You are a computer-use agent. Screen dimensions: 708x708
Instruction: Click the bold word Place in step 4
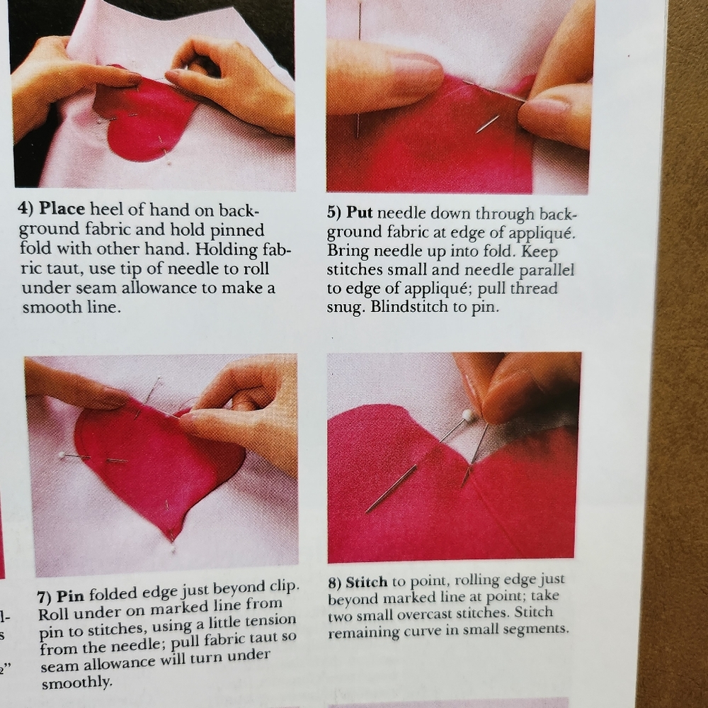pos(62,209)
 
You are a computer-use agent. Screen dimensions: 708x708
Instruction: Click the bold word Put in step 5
pos(360,213)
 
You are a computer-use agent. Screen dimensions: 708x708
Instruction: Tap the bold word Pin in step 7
pos(70,596)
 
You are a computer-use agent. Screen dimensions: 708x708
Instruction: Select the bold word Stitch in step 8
pos(367,583)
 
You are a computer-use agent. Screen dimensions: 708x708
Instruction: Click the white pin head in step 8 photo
pos(467,415)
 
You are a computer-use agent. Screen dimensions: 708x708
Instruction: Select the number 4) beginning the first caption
pos(26,209)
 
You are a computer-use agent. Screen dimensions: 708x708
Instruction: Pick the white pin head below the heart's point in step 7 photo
pos(173,550)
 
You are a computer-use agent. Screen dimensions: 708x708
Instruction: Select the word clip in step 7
pos(283,586)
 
